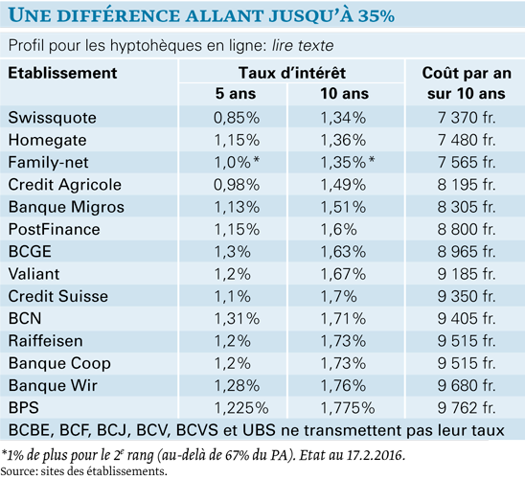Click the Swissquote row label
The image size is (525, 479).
[x=53, y=118]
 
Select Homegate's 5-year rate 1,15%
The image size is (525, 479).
[x=237, y=140]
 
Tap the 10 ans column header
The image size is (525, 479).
[x=345, y=94]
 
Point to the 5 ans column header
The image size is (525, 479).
[x=236, y=94]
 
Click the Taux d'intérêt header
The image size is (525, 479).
[x=292, y=73]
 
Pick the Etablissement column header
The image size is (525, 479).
[x=62, y=73]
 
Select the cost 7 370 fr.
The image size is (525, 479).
[x=467, y=118]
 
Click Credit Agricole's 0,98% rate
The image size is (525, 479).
[x=237, y=185]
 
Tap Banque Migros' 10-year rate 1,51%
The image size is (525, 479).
[x=343, y=207]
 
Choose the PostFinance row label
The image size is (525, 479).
[x=55, y=229]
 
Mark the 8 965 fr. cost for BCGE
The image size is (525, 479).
[x=467, y=252]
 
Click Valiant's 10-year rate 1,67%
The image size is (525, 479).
[x=343, y=274]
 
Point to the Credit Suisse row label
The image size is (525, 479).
[x=58, y=296]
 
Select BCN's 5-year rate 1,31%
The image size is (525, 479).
[x=237, y=319]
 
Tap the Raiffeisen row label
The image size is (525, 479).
[x=46, y=341]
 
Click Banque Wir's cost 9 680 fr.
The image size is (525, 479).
[x=467, y=386]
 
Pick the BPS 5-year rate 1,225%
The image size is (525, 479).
[x=241, y=408]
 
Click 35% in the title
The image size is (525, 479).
[x=377, y=15]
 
